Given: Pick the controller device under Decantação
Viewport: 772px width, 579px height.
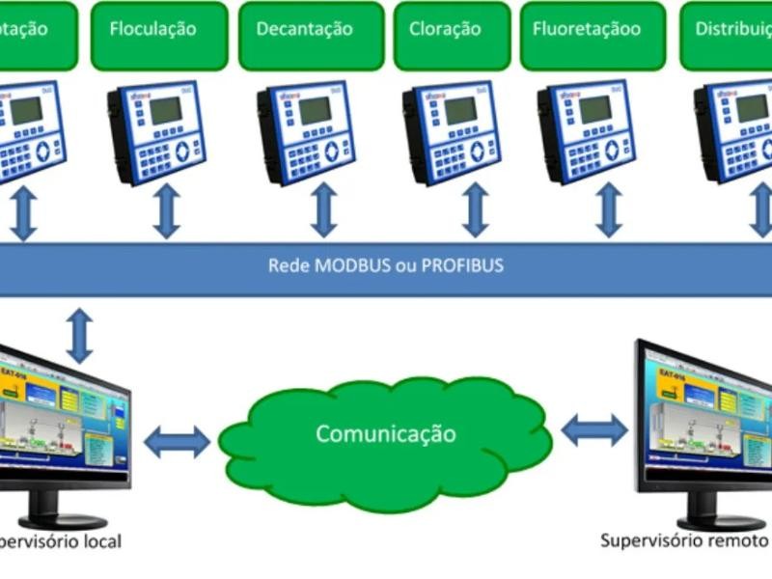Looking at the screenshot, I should pos(306,133).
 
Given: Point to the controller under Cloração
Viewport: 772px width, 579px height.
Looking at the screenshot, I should pos(451,133).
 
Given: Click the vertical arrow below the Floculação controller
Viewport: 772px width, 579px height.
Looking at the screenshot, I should pos(167,210).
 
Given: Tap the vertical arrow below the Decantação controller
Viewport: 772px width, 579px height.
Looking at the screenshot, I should pos(324,210).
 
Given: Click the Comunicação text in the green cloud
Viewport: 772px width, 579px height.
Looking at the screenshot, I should pos(385,433).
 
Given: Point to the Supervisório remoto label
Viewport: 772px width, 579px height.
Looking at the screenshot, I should pos(683,540).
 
